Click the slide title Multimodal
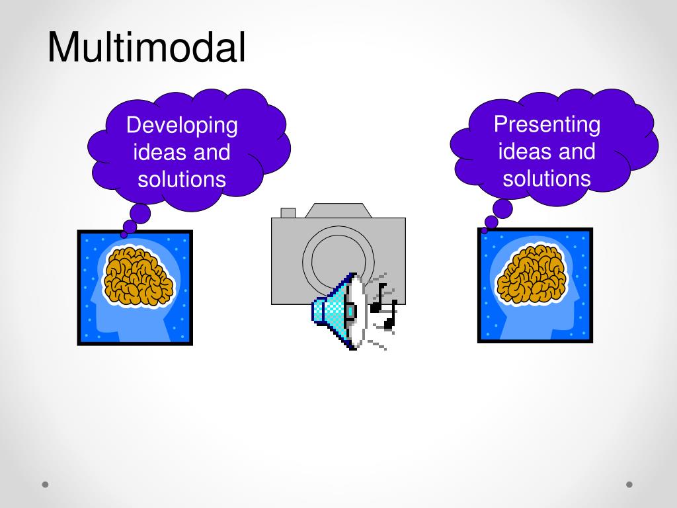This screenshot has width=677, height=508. coord(146,48)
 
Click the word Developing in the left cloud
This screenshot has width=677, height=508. coord(182,125)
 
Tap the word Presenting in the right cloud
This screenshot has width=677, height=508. coord(547,124)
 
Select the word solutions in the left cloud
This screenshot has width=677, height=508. coord(182,179)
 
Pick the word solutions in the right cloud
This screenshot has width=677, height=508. coord(547,178)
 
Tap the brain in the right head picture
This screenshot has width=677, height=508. coord(532,274)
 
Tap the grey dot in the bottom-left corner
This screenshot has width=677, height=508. coord(46,484)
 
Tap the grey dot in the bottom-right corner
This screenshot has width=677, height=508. coord(629,484)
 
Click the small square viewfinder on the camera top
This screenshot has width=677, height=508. coord(288,213)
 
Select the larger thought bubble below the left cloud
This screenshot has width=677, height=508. coord(140,213)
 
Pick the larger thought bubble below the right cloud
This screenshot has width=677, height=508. coord(502,209)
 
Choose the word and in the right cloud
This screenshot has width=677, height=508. coord(577,151)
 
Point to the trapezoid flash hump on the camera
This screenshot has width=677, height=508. coord(338,210)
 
